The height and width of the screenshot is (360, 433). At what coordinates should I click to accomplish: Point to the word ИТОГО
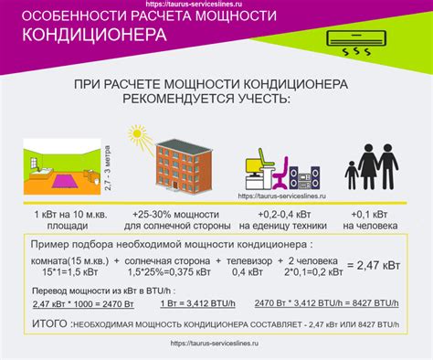point(48,323)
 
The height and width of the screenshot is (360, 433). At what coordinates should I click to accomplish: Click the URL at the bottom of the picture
point(216,345)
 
